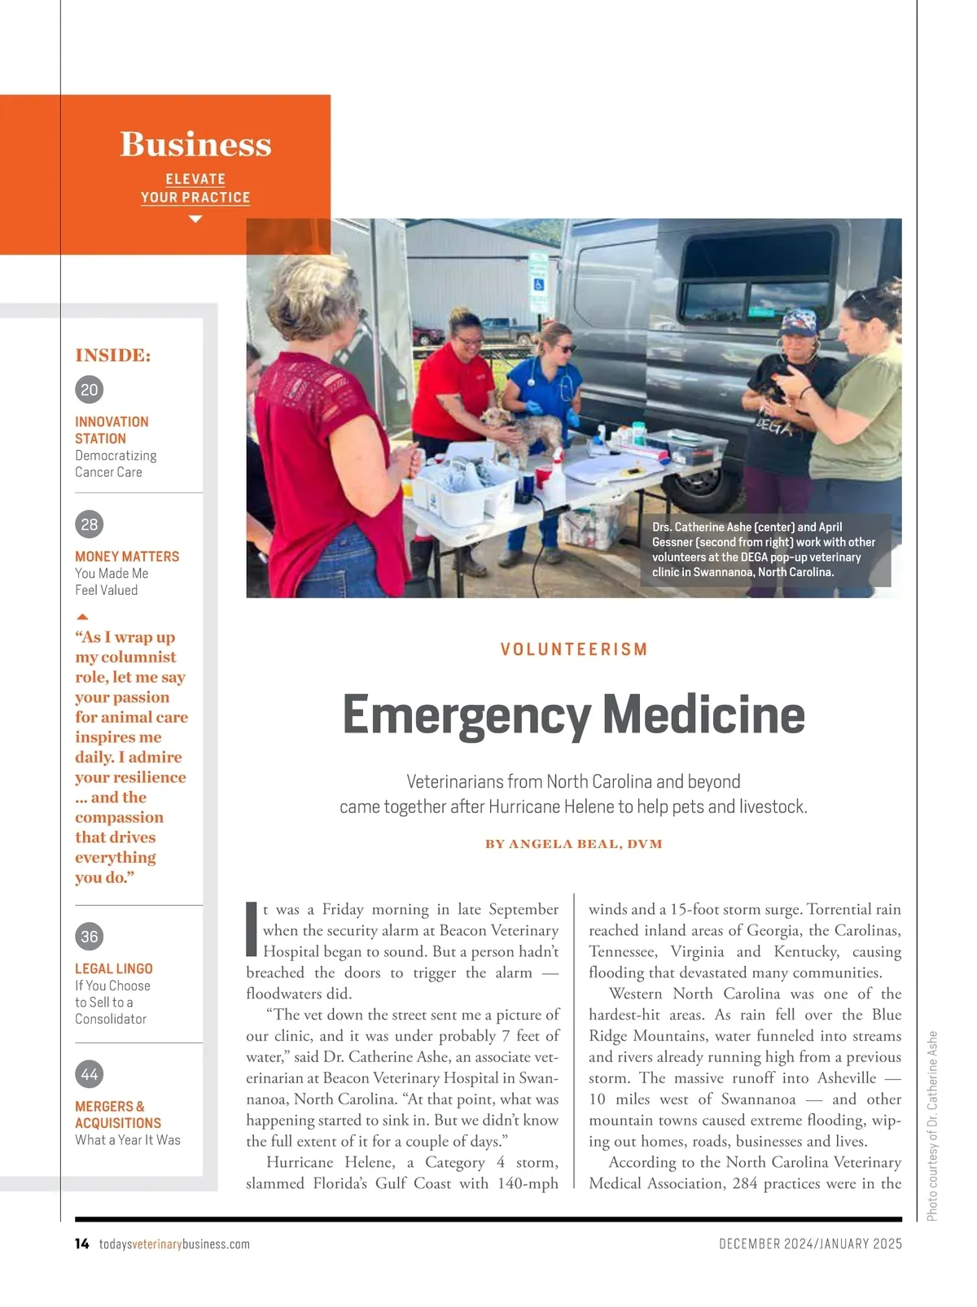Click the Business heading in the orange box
click(x=195, y=144)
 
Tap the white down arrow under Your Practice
click(x=195, y=219)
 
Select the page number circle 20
click(x=90, y=390)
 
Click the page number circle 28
click(x=90, y=525)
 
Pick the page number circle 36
click(x=90, y=937)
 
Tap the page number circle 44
click(x=90, y=1074)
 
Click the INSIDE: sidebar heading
click(x=113, y=356)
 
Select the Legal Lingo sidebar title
click(x=114, y=968)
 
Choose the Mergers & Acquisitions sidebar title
click(x=118, y=1114)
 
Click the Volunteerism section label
click(x=574, y=649)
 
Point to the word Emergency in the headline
click(x=467, y=715)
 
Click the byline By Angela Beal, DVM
click(x=574, y=844)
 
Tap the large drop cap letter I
click(x=252, y=929)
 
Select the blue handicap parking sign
click(x=538, y=284)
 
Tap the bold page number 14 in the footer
click(x=81, y=1244)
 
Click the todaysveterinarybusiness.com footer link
click(x=174, y=1244)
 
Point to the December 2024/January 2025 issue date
click(x=810, y=1244)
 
